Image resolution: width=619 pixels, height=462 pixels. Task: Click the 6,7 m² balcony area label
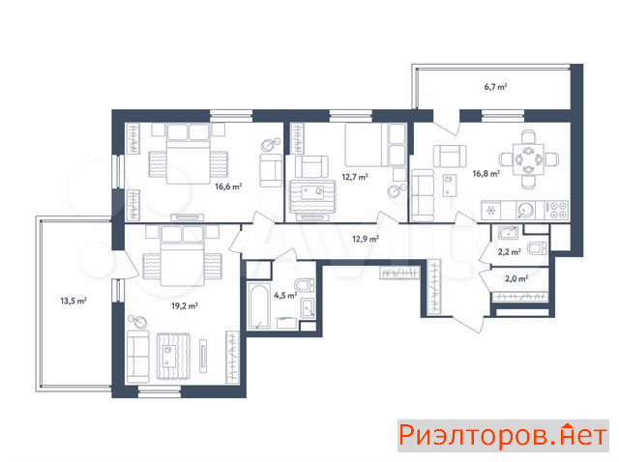495,87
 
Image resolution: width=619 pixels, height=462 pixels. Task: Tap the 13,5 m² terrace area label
74,301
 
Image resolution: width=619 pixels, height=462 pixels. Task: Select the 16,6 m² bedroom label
228,187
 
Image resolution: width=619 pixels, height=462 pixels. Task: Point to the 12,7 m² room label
355,177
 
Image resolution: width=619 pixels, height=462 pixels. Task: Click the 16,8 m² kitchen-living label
486,173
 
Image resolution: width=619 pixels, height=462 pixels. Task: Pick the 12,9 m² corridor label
366,239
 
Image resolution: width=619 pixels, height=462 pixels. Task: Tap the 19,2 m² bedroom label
185,305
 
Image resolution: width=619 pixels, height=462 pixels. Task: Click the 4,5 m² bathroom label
285,295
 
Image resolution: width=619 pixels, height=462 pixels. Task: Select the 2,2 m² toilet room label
510,252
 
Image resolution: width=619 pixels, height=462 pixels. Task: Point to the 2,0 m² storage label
516,278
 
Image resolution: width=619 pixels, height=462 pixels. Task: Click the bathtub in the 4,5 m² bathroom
259,305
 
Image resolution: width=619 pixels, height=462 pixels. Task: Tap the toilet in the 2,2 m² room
537,248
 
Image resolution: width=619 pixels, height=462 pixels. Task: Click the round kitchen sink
525,211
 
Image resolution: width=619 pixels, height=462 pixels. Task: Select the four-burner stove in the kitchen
556,211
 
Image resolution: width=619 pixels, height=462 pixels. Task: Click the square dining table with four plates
528,159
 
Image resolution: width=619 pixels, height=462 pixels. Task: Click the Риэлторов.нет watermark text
503,436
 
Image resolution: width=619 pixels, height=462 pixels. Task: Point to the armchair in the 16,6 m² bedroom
271,170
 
